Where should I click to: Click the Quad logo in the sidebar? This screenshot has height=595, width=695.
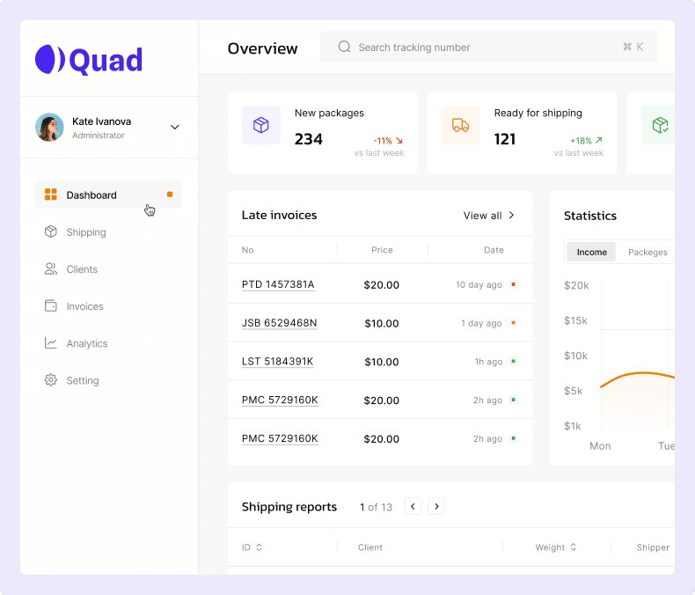88,59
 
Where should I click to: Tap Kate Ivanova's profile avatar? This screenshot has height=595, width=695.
49,127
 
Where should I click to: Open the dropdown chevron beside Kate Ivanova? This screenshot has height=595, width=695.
174,127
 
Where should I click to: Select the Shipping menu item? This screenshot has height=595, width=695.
86,232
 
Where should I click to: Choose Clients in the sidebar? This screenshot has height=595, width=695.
82,269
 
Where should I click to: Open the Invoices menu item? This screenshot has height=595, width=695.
84,306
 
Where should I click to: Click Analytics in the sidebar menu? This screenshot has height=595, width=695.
86,343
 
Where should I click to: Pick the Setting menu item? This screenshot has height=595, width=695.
82,380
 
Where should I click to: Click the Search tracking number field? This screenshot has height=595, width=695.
488,48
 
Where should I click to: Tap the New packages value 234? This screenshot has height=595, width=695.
309,139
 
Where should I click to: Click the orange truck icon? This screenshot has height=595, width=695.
460,125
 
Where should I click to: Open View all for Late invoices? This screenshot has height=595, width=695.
489,216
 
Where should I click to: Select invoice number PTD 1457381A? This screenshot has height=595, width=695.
278,285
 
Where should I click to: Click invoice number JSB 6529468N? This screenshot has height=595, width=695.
279,323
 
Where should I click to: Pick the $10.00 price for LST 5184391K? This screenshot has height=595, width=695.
381,362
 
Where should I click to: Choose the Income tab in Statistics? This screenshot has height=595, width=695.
591,252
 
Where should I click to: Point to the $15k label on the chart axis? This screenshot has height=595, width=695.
575,320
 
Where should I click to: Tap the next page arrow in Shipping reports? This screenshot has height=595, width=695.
436,506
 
